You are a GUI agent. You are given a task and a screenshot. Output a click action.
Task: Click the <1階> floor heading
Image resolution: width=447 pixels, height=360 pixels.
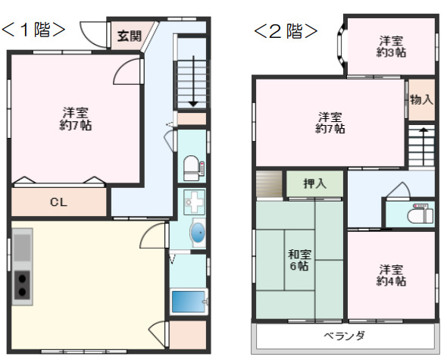(33, 30)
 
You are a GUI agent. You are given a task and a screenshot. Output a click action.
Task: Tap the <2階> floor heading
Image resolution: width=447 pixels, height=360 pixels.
(285, 31)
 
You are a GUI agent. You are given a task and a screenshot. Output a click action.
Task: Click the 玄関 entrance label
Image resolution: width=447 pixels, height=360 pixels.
(128, 36)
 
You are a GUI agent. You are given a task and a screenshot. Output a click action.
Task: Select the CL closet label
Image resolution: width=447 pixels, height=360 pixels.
(58, 202)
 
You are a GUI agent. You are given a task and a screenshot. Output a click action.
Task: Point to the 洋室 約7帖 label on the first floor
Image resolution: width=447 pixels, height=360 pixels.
(76, 119)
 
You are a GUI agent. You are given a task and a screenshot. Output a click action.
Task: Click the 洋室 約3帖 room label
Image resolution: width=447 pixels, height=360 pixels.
(391, 47)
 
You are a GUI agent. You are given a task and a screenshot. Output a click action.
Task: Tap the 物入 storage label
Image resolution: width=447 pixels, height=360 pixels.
(422, 99)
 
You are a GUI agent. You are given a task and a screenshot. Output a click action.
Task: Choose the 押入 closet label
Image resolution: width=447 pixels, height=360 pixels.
(314, 183)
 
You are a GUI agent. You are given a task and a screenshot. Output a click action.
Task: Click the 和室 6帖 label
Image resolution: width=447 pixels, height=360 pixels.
(298, 261)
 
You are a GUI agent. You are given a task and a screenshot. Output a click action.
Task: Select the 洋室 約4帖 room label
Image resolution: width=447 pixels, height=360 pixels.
(391, 275)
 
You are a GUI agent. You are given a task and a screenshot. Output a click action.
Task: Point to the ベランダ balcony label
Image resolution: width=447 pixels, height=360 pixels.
(345, 335)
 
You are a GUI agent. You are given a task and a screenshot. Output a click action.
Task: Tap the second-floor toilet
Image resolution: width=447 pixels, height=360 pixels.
(417, 214)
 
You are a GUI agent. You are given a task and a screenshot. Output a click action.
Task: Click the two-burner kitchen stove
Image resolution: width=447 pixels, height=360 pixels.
(23, 286)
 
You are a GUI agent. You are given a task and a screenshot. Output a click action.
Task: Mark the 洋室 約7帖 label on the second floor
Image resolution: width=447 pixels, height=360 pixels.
(330, 123)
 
